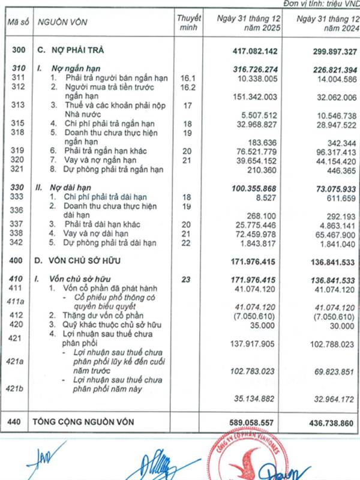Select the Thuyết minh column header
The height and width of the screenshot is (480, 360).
click(189, 22)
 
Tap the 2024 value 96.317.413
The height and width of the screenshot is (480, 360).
click(329, 152)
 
